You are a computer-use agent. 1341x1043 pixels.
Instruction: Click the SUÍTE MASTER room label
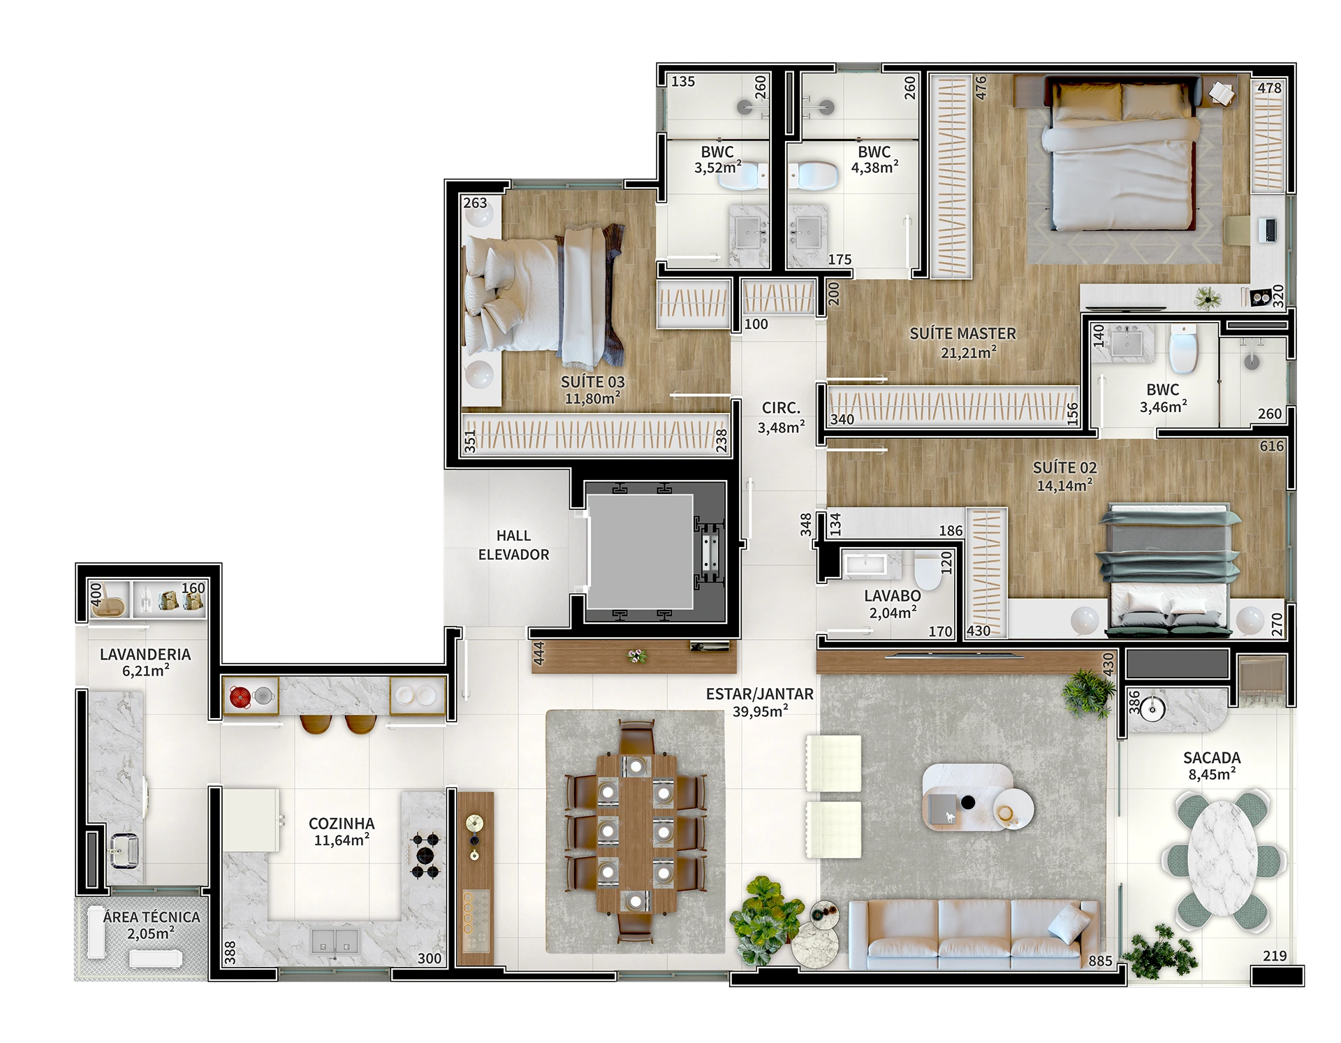(x=962, y=334)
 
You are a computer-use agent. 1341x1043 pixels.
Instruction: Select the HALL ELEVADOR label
(x=513, y=545)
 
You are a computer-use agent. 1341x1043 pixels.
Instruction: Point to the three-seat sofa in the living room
(x=974, y=934)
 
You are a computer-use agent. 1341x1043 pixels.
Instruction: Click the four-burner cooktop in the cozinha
(x=425, y=856)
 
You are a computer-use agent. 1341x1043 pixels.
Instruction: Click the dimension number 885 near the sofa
(x=1100, y=961)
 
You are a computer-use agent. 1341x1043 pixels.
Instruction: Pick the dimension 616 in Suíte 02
(x=1272, y=446)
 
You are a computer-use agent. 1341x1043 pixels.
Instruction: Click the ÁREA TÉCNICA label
(x=151, y=917)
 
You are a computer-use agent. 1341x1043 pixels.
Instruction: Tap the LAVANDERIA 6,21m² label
(x=145, y=662)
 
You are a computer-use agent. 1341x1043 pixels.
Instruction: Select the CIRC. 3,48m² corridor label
(x=781, y=417)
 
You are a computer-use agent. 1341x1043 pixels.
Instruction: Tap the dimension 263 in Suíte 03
(x=475, y=203)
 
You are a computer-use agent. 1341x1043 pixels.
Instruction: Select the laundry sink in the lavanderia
(x=124, y=852)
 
